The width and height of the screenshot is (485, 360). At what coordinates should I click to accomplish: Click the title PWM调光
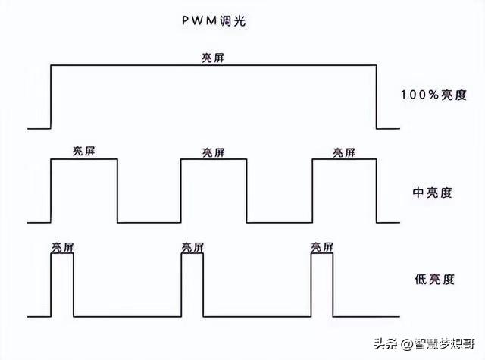click(214, 23)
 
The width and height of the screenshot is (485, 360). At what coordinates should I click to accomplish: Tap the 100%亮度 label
click(433, 95)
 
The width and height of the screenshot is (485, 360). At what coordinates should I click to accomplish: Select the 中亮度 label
click(432, 192)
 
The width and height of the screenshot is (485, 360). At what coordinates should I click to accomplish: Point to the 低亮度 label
click(433, 280)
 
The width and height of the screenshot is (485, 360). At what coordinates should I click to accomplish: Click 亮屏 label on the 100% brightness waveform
click(214, 58)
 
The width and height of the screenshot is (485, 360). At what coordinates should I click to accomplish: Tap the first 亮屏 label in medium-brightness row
click(83, 152)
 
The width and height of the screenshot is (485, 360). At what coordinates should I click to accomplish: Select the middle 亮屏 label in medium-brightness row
click(214, 152)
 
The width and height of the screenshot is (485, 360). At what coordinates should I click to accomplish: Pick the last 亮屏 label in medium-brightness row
click(344, 152)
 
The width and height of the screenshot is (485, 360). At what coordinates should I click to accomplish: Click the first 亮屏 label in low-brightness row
click(62, 247)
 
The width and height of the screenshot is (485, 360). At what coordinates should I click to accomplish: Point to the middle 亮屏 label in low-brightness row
click(192, 247)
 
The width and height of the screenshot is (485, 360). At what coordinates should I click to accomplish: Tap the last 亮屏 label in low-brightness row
click(323, 247)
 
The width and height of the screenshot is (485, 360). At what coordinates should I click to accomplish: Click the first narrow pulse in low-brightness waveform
click(62, 284)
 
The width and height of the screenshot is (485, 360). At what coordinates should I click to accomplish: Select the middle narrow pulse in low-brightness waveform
click(192, 284)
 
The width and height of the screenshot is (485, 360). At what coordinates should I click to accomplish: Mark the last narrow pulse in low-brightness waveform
click(323, 284)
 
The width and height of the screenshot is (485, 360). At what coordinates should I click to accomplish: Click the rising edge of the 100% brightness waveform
click(50, 97)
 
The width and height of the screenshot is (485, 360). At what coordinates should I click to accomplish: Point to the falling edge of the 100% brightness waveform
click(377, 97)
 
